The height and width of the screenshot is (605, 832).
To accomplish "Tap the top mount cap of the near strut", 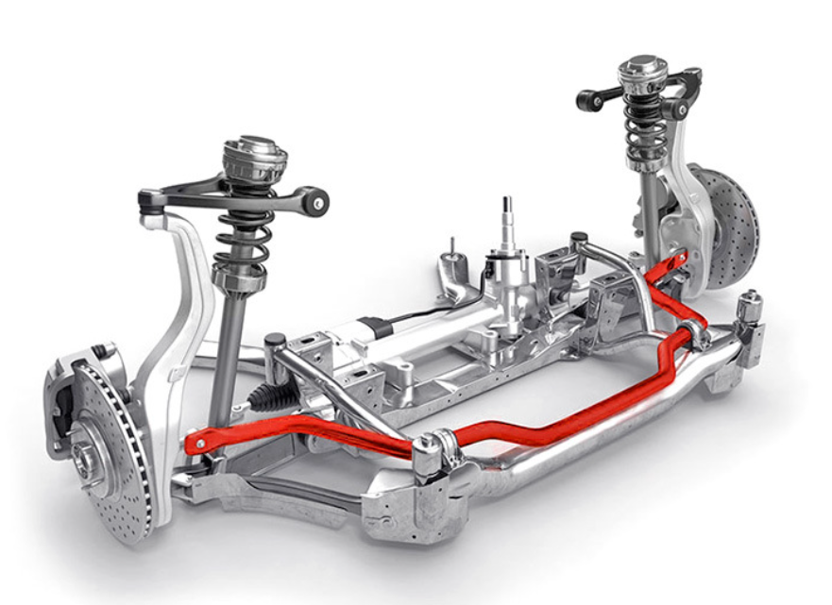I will tap(254, 155).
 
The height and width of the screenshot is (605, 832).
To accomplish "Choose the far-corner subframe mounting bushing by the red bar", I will tap(749, 306).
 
